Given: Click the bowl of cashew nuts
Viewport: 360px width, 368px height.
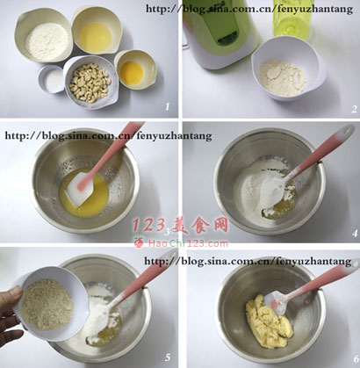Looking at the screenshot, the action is [90, 83].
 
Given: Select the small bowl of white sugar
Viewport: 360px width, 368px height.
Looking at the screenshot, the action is [52, 79].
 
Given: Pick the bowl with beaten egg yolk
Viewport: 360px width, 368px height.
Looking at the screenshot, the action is [135, 69].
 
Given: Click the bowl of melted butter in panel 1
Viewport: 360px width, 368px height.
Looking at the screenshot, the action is [97, 30].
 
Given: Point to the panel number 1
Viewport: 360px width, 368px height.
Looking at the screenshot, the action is [167, 106].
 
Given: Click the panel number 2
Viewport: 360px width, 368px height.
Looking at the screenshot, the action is [354, 109].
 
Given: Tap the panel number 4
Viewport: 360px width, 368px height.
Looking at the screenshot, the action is [355, 234].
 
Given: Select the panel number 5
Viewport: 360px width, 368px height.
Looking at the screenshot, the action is [168, 357].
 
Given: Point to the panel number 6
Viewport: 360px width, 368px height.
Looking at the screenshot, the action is [356, 358].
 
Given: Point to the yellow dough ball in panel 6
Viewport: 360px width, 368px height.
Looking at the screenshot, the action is [269, 322].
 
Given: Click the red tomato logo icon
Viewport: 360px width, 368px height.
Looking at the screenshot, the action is [139, 242].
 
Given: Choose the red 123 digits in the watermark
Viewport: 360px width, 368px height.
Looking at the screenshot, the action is [148, 225].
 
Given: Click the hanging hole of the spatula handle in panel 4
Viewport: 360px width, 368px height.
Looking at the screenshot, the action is [348, 130].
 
